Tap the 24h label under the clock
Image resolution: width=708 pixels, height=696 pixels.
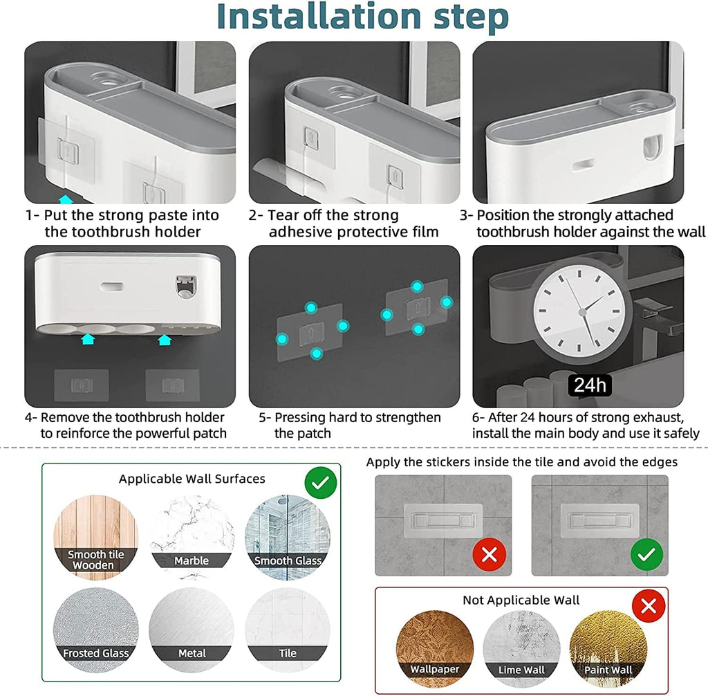pyautogui.click(x=590, y=385)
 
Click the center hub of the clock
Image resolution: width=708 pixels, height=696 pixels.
pyautogui.click(x=582, y=312)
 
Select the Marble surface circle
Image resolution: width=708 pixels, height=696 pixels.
pyautogui.click(x=192, y=538)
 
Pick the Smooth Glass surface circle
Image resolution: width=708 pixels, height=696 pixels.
pyautogui.click(x=288, y=538)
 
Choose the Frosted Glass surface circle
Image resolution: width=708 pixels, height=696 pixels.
pyautogui.click(x=95, y=630)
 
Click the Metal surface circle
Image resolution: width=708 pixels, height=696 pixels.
pyautogui.click(x=192, y=630)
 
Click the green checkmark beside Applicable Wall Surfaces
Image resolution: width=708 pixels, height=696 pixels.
pyautogui.click(x=321, y=483)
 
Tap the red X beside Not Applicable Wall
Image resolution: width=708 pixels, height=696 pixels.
pyautogui.click(x=649, y=605)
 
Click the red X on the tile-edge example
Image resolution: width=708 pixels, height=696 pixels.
pyautogui.click(x=490, y=555)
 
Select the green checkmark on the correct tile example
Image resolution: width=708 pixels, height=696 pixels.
pyautogui.click(x=646, y=555)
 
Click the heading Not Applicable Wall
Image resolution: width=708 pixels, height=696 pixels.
pyautogui.click(x=521, y=601)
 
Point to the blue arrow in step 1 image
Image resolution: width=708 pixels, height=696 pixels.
pyautogui.click(x=66, y=199)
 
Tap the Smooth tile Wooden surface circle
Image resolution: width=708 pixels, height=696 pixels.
pyautogui.click(x=95, y=538)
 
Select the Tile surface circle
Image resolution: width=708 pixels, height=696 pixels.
pyautogui.click(x=288, y=630)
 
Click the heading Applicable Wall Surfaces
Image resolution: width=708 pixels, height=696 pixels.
pyautogui.click(x=192, y=479)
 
